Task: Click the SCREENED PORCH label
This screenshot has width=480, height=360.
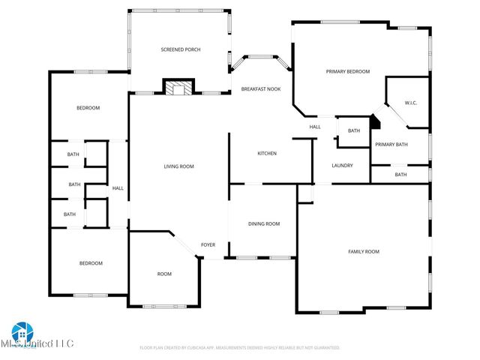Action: pyautogui.click(x=179, y=49)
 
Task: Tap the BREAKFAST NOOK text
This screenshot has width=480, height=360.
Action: pyautogui.click(x=260, y=89)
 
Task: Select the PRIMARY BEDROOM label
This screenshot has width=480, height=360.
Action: pyautogui.click(x=348, y=71)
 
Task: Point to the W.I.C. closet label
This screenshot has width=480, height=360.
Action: pyautogui.click(x=410, y=103)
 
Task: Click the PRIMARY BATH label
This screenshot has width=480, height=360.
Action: pyautogui.click(x=391, y=144)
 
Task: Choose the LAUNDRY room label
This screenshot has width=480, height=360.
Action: pyautogui.click(x=342, y=165)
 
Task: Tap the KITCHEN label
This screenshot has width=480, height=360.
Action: pyautogui.click(x=267, y=153)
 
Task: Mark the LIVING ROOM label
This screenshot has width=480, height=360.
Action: pyautogui.click(x=179, y=166)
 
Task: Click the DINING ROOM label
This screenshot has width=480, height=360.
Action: pyautogui.click(x=264, y=223)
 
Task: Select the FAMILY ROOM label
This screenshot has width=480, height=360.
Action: pyautogui.click(x=363, y=251)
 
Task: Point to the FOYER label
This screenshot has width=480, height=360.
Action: pyautogui.click(x=208, y=245)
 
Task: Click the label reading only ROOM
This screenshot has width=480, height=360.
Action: pyautogui.click(x=164, y=274)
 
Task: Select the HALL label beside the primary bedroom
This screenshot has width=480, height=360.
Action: pyautogui.click(x=315, y=127)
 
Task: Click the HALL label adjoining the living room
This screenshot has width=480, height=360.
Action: pyautogui.click(x=118, y=188)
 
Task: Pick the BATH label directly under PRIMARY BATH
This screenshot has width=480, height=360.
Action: pyautogui.click(x=400, y=175)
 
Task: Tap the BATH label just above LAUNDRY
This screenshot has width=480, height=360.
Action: pyautogui.click(x=354, y=130)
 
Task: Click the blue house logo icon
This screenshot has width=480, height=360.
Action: pyautogui.click(x=20, y=331)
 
